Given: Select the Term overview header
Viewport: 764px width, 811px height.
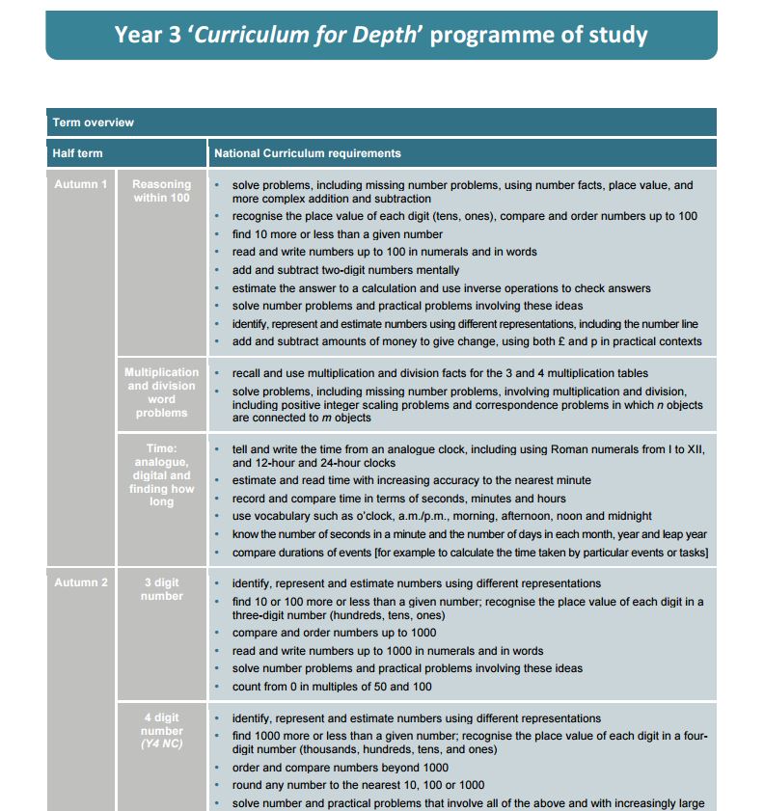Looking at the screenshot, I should [94, 122].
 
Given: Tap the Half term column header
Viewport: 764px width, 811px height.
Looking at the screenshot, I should [78, 153].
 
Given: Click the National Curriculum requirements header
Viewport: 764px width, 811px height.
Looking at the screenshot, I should [308, 153].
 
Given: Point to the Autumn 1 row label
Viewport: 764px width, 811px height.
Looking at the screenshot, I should [81, 184].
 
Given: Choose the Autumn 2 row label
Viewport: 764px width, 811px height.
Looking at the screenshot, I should [81, 582].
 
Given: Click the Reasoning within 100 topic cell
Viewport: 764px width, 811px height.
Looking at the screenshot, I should [161, 191].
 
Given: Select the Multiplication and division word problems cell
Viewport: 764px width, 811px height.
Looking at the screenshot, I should [161, 392].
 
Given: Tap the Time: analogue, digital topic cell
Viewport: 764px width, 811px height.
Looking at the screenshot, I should [161, 475].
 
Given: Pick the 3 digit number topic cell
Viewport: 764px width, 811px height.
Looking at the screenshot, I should [161, 589].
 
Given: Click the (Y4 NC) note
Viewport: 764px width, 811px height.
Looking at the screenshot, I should [161, 744].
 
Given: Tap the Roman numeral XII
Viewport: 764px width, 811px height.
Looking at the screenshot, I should [696, 449].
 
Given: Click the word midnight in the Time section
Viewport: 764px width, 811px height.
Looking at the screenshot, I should [628, 516].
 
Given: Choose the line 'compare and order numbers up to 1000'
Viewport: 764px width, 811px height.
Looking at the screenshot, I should [334, 633].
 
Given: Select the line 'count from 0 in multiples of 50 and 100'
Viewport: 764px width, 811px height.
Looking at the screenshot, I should [332, 687].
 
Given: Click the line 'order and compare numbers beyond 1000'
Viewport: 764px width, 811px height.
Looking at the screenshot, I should [340, 768].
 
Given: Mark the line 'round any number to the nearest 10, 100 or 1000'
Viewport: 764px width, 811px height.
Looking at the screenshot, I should [358, 785].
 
